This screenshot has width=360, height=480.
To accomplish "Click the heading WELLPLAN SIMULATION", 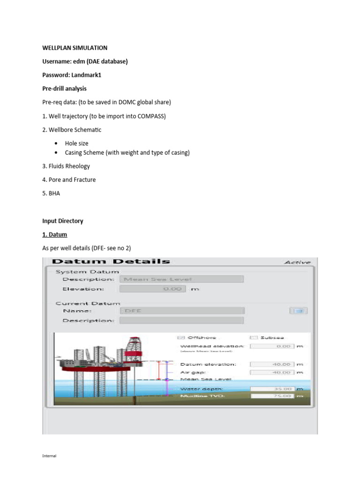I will click(75, 48).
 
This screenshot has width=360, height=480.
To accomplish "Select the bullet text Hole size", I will click(76, 143).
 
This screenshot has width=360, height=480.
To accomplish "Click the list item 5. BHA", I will click(51, 193).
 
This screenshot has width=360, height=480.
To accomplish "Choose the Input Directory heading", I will click(63, 221).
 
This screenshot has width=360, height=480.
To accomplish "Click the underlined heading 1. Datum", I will click(55, 234).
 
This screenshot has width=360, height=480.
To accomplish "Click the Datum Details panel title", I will click(111, 262).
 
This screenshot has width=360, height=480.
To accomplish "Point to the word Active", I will click(297, 262).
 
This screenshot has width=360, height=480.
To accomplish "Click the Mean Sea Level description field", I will click(181, 279).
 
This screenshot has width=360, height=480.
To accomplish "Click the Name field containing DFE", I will click(181, 310).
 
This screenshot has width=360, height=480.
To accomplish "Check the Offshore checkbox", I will click(181, 337).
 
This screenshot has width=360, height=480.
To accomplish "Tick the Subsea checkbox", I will click(254, 337).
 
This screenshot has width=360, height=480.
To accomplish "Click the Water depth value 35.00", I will click(272, 389).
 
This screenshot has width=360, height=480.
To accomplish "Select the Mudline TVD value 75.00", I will click(272, 396).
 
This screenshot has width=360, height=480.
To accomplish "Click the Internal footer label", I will click(49, 455).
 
